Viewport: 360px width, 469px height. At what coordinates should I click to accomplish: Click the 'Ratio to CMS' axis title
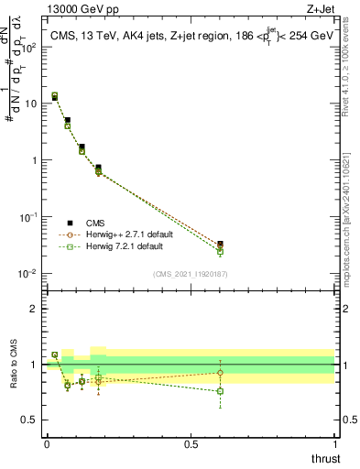[x=16, y=364]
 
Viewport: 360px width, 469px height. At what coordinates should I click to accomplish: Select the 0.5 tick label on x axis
[x=191, y=444]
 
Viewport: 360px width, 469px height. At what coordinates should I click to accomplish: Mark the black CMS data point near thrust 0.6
[x=220, y=245]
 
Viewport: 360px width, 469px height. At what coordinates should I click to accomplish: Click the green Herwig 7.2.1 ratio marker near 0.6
[x=220, y=391]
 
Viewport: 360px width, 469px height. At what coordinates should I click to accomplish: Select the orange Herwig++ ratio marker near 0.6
[x=220, y=372]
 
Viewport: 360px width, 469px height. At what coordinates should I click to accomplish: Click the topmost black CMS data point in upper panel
[x=54, y=97]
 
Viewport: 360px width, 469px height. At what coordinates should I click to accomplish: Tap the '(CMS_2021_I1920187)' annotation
[x=191, y=272]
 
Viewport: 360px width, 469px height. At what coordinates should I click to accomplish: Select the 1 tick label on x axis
[x=335, y=444]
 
